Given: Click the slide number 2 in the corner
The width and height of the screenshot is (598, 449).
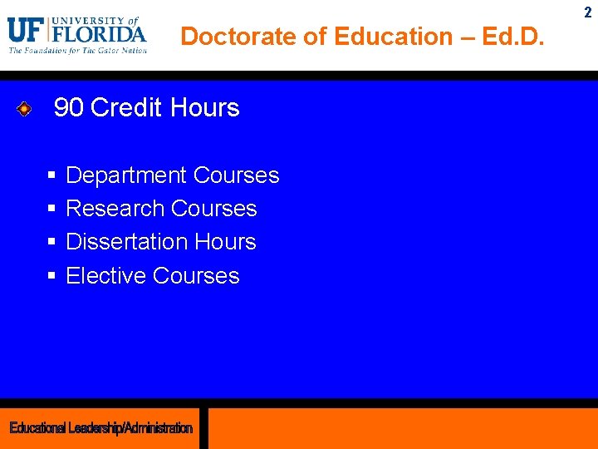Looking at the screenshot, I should click(x=588, y=12).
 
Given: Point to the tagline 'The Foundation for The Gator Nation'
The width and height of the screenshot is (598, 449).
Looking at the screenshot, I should click(x=78, y=51).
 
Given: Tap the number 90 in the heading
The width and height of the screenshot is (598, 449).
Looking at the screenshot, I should click(x=69, y=108).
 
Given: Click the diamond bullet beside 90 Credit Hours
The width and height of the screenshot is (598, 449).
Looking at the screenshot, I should click(x=25, y=108).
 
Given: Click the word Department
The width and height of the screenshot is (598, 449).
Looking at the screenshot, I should click(x=126, y=175).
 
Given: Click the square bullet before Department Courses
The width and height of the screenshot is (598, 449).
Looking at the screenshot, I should click(x=51, y=175).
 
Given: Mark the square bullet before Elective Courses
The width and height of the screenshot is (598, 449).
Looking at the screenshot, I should click(x=51, y=276).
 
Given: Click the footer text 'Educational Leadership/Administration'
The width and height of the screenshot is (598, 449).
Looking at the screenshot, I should click(x=100, y=428).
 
